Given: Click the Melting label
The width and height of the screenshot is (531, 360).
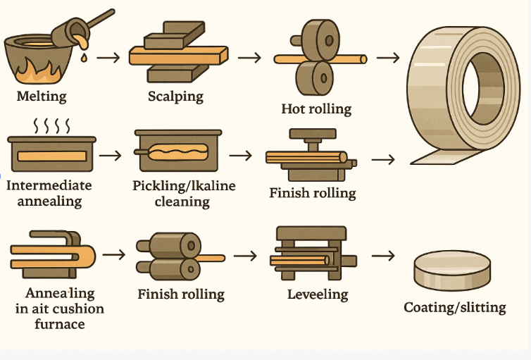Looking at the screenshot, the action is (42, 97).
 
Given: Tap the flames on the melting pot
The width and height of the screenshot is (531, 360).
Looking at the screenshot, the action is (39, 72).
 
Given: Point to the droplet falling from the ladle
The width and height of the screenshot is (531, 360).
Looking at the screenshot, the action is (84, 58).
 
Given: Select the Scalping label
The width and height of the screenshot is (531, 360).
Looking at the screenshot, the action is (175, 97).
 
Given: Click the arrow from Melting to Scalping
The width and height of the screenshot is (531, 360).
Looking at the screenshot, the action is (108, 58).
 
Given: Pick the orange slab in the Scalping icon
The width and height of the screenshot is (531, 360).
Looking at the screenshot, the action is (178, 56).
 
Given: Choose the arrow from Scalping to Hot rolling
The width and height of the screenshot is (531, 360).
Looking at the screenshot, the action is (249, 58).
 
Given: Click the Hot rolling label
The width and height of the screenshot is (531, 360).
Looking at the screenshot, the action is (316, 108).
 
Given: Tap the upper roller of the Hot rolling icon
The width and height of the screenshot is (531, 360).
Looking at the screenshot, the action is (320, 40).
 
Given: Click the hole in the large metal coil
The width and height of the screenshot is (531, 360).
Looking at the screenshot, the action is (483, 88).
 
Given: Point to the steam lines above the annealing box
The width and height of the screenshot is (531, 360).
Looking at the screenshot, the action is (52, 125).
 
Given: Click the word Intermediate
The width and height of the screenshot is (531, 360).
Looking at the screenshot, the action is (49, 185).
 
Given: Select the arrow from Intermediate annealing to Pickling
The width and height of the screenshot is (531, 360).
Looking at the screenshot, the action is (110, 156).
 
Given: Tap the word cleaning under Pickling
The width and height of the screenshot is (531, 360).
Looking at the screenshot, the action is (182, 202).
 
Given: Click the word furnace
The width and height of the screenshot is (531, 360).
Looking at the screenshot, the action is (60, 324).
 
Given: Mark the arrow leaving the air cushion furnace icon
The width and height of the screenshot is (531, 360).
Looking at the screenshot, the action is (114, 254).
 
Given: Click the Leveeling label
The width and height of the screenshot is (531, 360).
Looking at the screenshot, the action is (318, 294).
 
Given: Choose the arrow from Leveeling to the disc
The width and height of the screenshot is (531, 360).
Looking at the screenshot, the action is (383, 256).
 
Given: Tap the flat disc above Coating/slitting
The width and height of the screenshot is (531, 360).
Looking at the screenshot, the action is (452, 271).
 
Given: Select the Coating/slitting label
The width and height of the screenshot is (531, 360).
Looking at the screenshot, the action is (455, 307).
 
